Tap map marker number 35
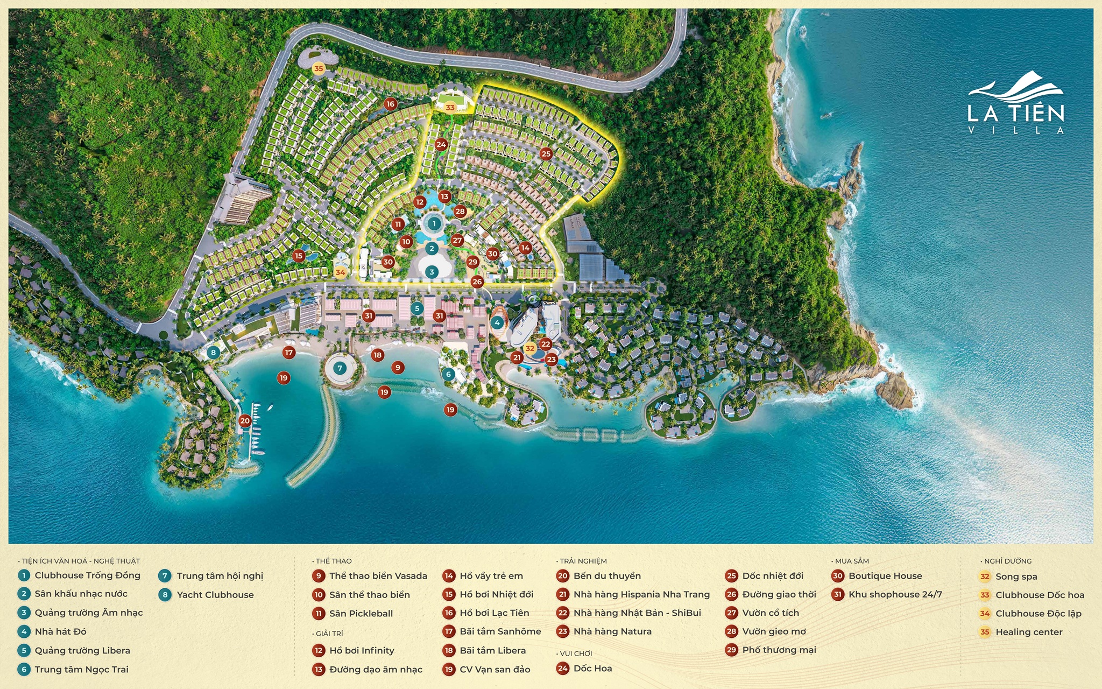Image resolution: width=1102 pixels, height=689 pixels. click(319, 68)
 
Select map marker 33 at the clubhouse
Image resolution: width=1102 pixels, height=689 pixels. click(450, 108)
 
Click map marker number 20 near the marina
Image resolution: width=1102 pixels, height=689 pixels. click(245, 421)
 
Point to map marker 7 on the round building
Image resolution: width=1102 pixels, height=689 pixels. click(340, 369)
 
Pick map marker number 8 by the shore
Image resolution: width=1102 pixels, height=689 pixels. click(214, 353)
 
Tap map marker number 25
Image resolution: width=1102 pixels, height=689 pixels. click(546, 154)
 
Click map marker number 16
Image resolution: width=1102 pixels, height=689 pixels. click(390, 104)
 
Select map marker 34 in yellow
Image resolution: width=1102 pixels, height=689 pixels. click(340, 272)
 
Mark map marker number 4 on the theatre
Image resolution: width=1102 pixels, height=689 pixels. click(497, 323)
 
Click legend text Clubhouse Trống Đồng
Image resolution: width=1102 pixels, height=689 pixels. click(87, 575)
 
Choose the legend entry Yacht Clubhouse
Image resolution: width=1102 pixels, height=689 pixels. click(215, 595)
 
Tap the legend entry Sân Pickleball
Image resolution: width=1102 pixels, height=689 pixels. click(361, 614)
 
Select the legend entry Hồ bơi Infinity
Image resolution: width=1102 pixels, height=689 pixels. click(362, 651)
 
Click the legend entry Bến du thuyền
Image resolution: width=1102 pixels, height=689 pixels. click(607, 576)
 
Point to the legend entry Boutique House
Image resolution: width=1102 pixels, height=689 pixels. click(885, 576)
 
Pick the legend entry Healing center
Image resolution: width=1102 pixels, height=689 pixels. click(1029, 632)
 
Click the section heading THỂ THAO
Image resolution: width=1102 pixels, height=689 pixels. click(334, 561)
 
